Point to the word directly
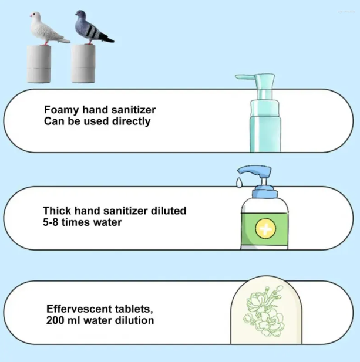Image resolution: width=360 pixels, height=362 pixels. pos(131,121)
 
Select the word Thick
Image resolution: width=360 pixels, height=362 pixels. pos(56,210)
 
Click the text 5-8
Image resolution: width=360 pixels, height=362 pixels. pos(53,222)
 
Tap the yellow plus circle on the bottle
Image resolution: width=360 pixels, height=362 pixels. pos(265,228)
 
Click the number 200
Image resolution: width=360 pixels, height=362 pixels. pos(55,320)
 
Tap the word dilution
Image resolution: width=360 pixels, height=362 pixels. pos(134,320)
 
